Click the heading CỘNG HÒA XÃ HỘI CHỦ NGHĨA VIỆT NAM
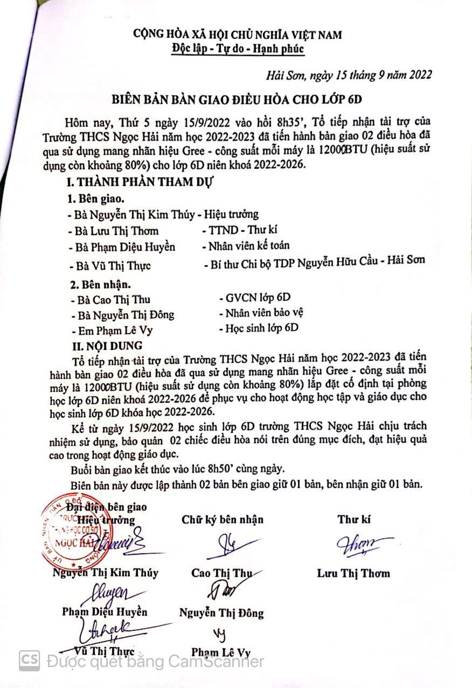click(x=238, y=35)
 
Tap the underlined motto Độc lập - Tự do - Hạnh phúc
click(x=238, y=49)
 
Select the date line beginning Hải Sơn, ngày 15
click(x=349, y=75)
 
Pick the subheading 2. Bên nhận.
click(x=101, y=283)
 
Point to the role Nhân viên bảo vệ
click(x=261, y=313)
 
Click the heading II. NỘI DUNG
click(x=108, y=345)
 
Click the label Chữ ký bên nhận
click(x=223, y=520)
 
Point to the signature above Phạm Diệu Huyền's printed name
click(x=108, y=593)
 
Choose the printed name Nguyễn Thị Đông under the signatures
click(x=221, y=613)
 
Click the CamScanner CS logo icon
click(x=30, y=660)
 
